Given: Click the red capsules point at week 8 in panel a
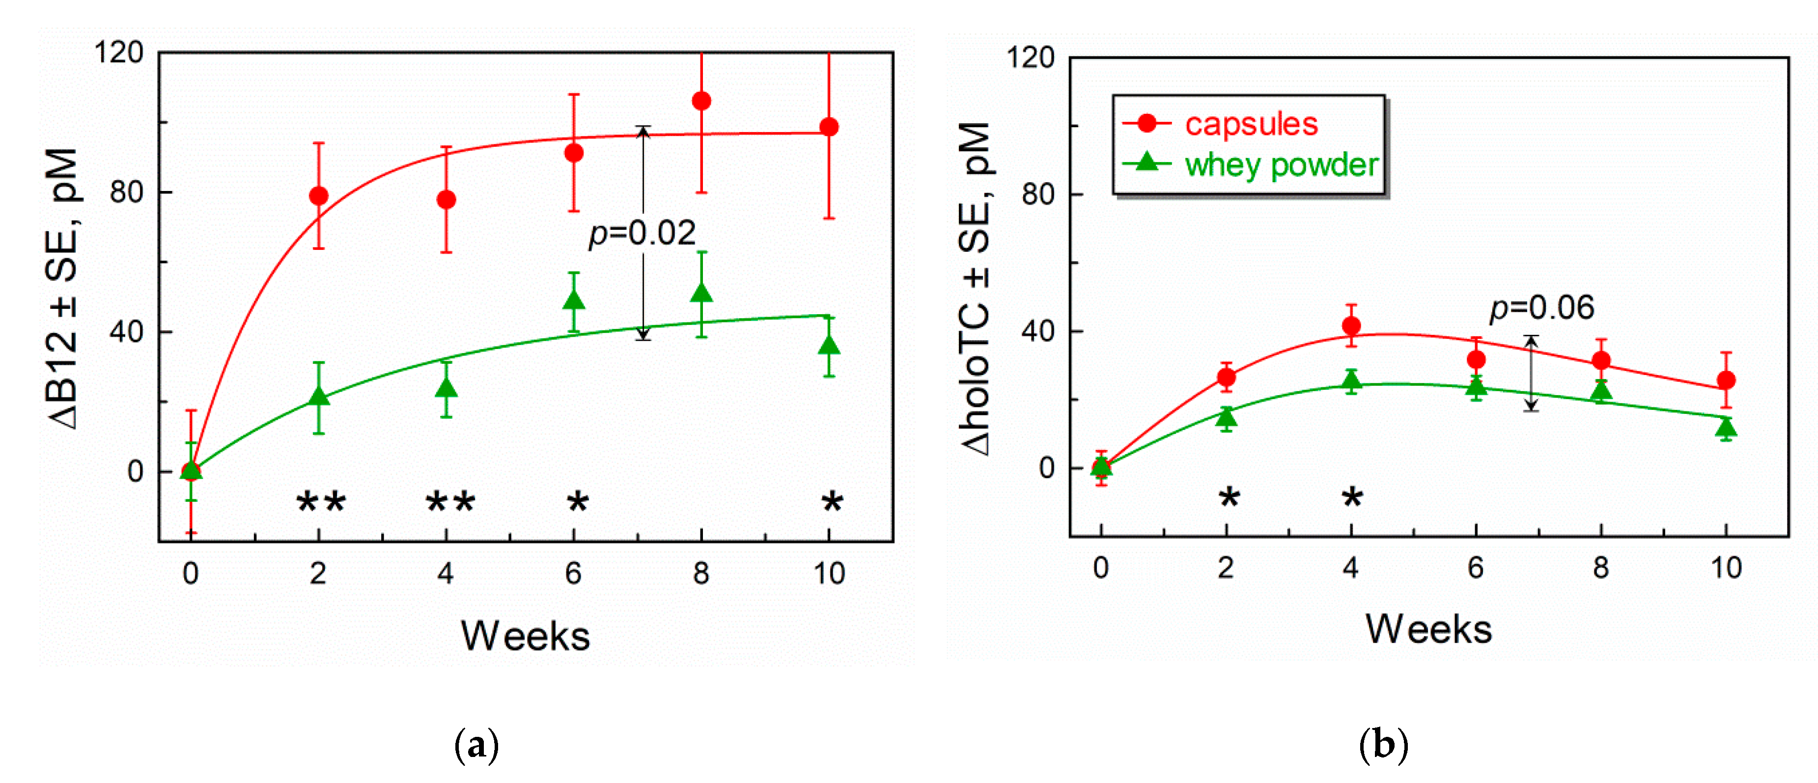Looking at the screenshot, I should pyautogui.click(x=701, y=101).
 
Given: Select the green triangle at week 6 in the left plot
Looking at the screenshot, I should pyautogui.click(x=574, y=300).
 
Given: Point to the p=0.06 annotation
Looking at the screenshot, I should pyautogui.click(x=1541, y=308).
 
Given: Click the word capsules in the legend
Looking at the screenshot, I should pyautogui.click(x=1251, y=124).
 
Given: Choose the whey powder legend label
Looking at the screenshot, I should pyautogui.click(x=1281, y=165).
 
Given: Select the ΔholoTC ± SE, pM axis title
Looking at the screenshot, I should pyautogui.click(x=976, y=289).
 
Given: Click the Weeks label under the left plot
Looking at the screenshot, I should pyautogui.click(x=525, y=636).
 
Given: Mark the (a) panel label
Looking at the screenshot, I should pyautogui.click(x=476, y=745).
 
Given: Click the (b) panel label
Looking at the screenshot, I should pyautogui.click(x=1383, y=745).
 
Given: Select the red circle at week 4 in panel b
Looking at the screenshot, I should pyautogui.click(x=1351, y=326).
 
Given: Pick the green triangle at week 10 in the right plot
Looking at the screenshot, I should pyautogui.click(x=1726, y=428).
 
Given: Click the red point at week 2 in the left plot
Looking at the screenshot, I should pyautogui.click(x=318, y=196).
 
